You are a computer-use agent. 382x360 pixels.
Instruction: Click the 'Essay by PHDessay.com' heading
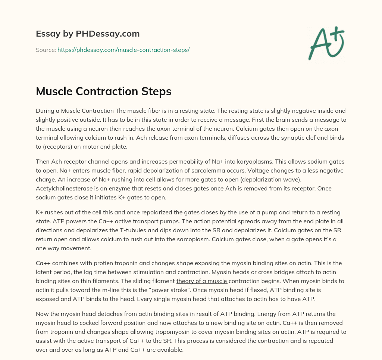click(88, 34)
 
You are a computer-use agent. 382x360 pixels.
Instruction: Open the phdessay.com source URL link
click(123, 50)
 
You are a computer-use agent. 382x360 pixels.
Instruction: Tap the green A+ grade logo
click(326, 43)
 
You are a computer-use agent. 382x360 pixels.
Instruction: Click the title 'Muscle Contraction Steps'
click(103, 92)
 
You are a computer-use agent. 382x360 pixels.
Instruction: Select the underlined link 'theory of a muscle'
click(202, 281)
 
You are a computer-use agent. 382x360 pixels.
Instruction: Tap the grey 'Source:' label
click(46, 50)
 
